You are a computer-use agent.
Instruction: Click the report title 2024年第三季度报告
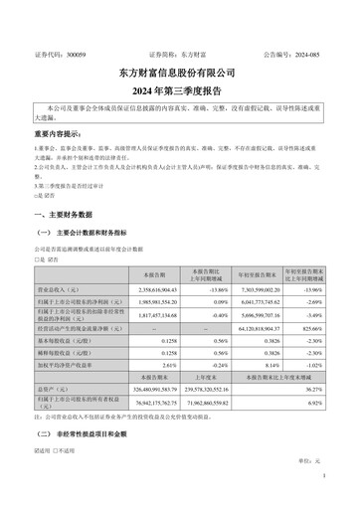(x=179, y=88)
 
